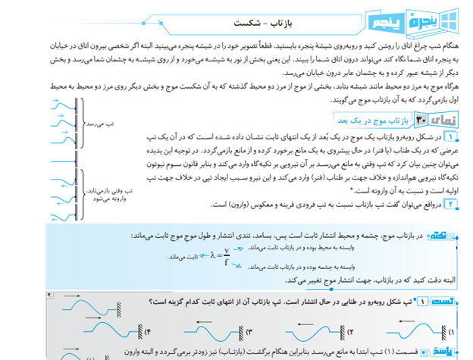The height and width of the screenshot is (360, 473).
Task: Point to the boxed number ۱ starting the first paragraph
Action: (452, 137)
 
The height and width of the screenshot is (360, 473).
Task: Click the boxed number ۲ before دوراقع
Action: (452, 204)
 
